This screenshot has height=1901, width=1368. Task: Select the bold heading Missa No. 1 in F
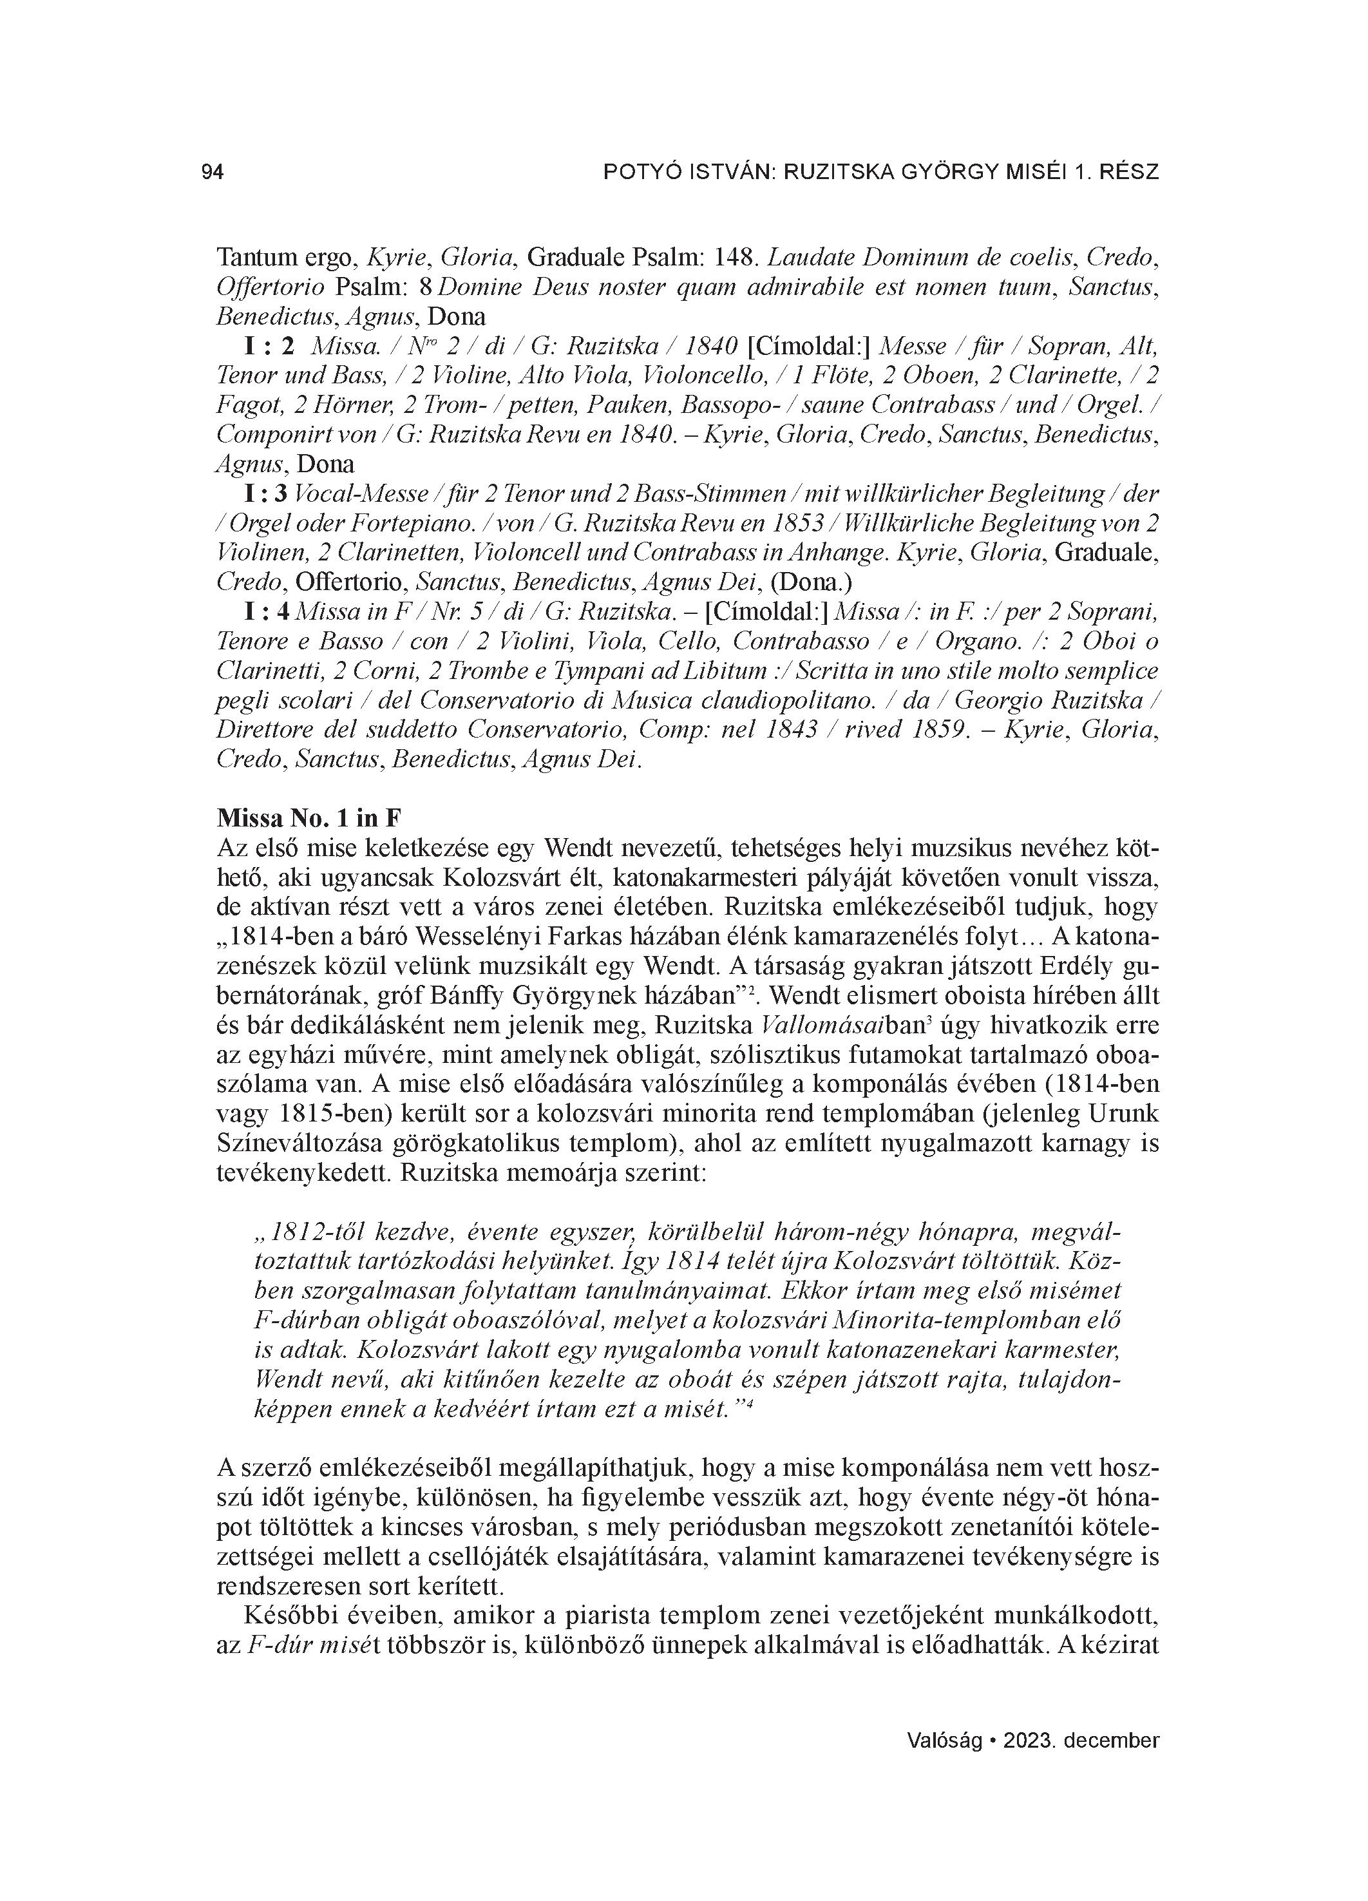tap(309, 817)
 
